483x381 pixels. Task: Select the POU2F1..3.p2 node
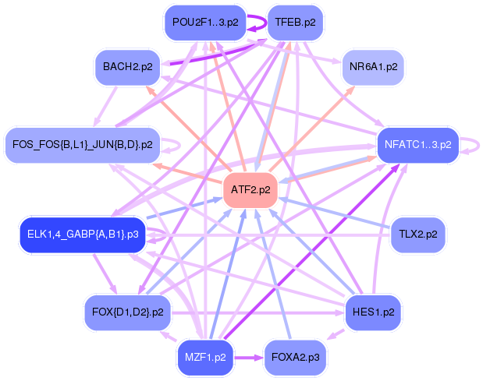click(x=204, y=23)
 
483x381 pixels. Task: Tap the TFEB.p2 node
click(x=295, y=23)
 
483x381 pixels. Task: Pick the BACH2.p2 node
click(x=126, y=67)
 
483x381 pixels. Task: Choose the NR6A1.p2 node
click(x=373, y=67)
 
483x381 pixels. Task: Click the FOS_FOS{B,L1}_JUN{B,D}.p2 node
click(x=83, y=144)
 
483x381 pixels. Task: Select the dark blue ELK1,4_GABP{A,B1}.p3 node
click(x=83, y=234)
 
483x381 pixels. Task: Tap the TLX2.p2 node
click(x=417, y=234)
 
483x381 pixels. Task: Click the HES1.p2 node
click(x=372, y=312)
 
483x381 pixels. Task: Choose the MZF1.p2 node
click(x=205, y=358)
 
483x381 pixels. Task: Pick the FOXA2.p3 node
click(x=295, y=358)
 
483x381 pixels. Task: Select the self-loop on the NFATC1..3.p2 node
click(x=471, y=143)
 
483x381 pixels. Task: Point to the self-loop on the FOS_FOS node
click(x=175, y=145)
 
